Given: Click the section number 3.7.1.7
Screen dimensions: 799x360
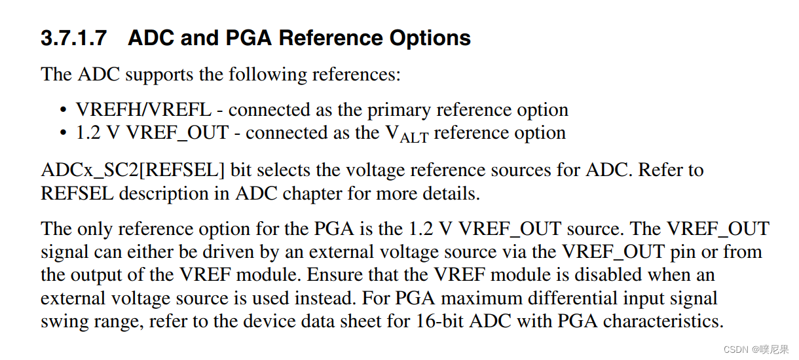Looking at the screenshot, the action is pyautogui.click(x=73, y=38).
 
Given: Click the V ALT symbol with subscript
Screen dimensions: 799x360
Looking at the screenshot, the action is pyautogui.click(x=405, y=134).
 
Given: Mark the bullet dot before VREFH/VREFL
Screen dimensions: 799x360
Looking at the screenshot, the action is pyautogui.click(x=63, y=110).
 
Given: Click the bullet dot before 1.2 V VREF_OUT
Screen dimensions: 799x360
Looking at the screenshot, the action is pyautogui.click(x=63, y=134).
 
